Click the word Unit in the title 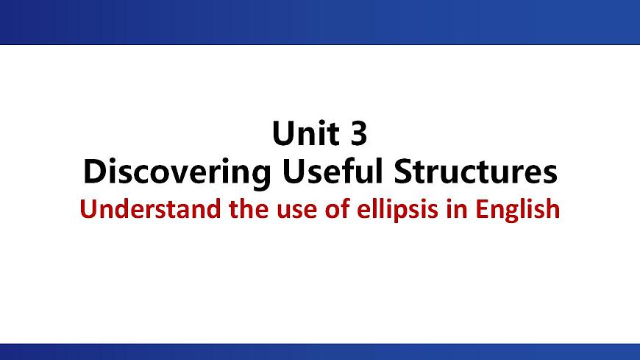point(301,134)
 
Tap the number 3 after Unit point(355,134)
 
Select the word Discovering point(175,172)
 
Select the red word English point(523,211)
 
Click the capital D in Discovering point(93,172)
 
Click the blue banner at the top point(320,22)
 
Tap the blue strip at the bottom point(320,351)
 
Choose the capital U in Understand point(86,210)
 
